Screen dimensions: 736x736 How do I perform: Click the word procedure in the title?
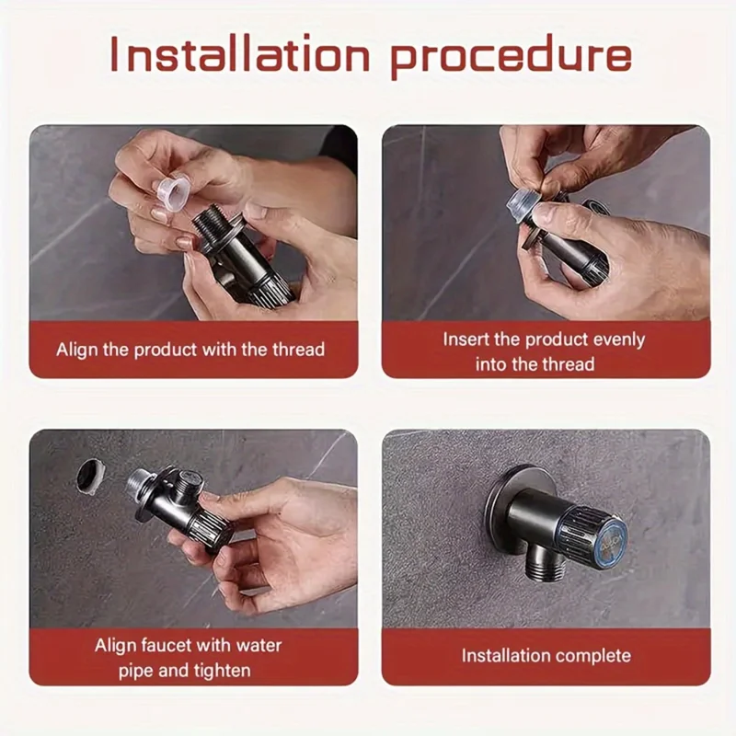tap(512, 56)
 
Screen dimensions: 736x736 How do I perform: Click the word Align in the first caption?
tap(75, 350)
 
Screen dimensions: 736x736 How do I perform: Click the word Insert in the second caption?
tap(466, 339)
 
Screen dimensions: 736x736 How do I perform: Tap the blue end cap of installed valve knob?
tap(611, 544)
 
